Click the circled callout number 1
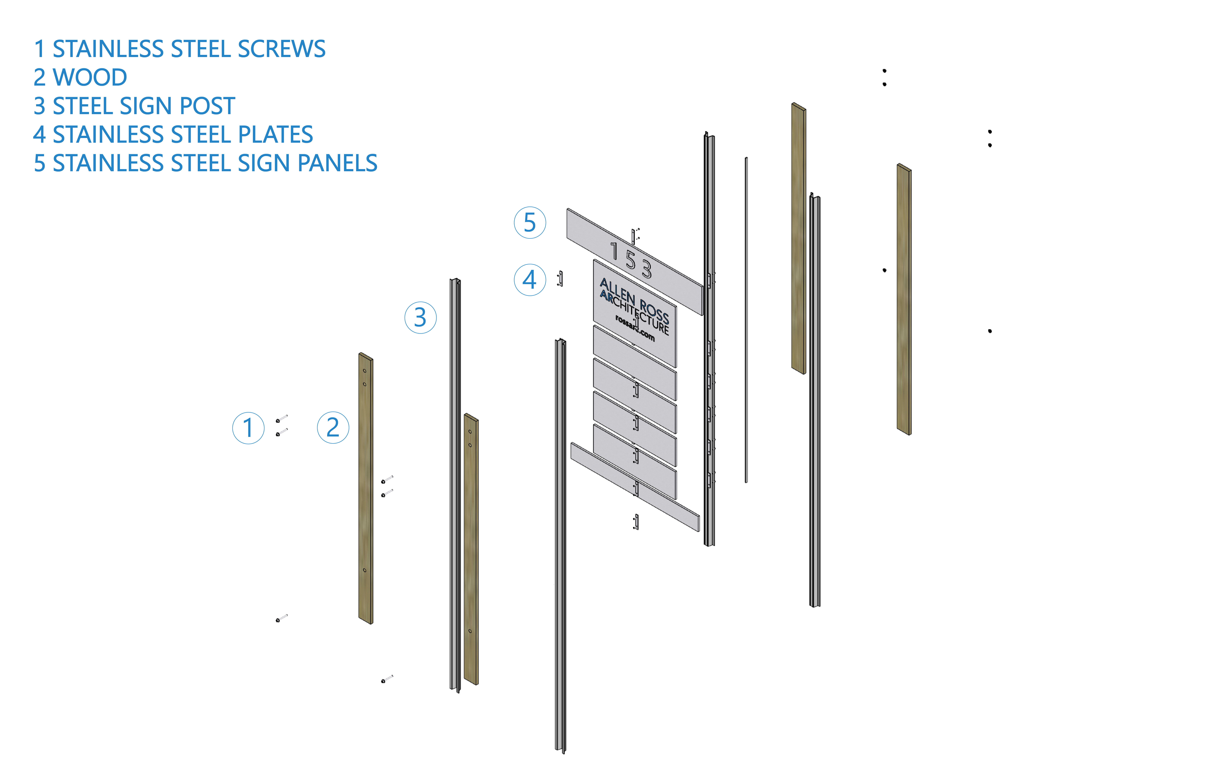click(x=248, y=428)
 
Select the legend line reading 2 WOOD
click(x=80, y=78)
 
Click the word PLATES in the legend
click(x=275, y=134)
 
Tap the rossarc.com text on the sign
click(x=635, y=329)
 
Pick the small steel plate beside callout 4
click(x=560, y=279)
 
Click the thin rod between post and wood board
click(x=746, y=319)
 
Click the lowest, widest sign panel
click(x=635, y=487)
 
